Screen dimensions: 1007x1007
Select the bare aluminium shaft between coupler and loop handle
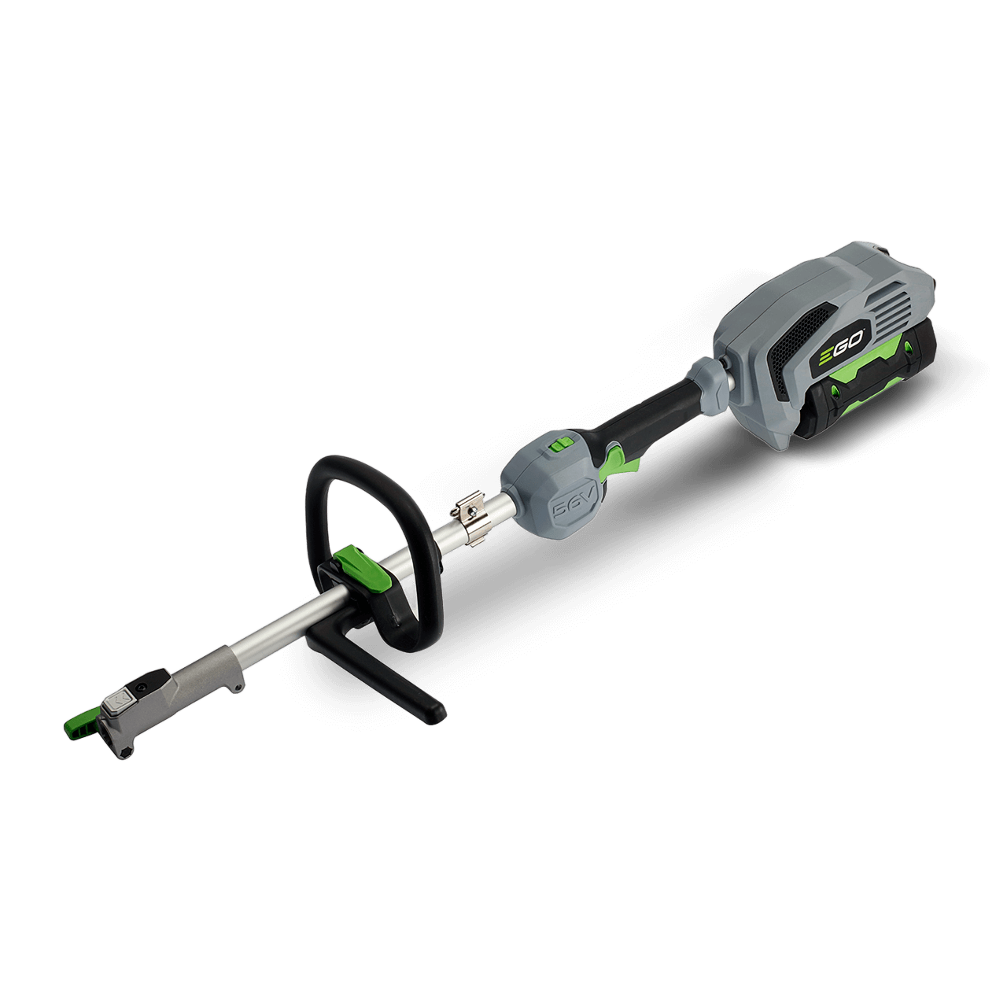point(275,622)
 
